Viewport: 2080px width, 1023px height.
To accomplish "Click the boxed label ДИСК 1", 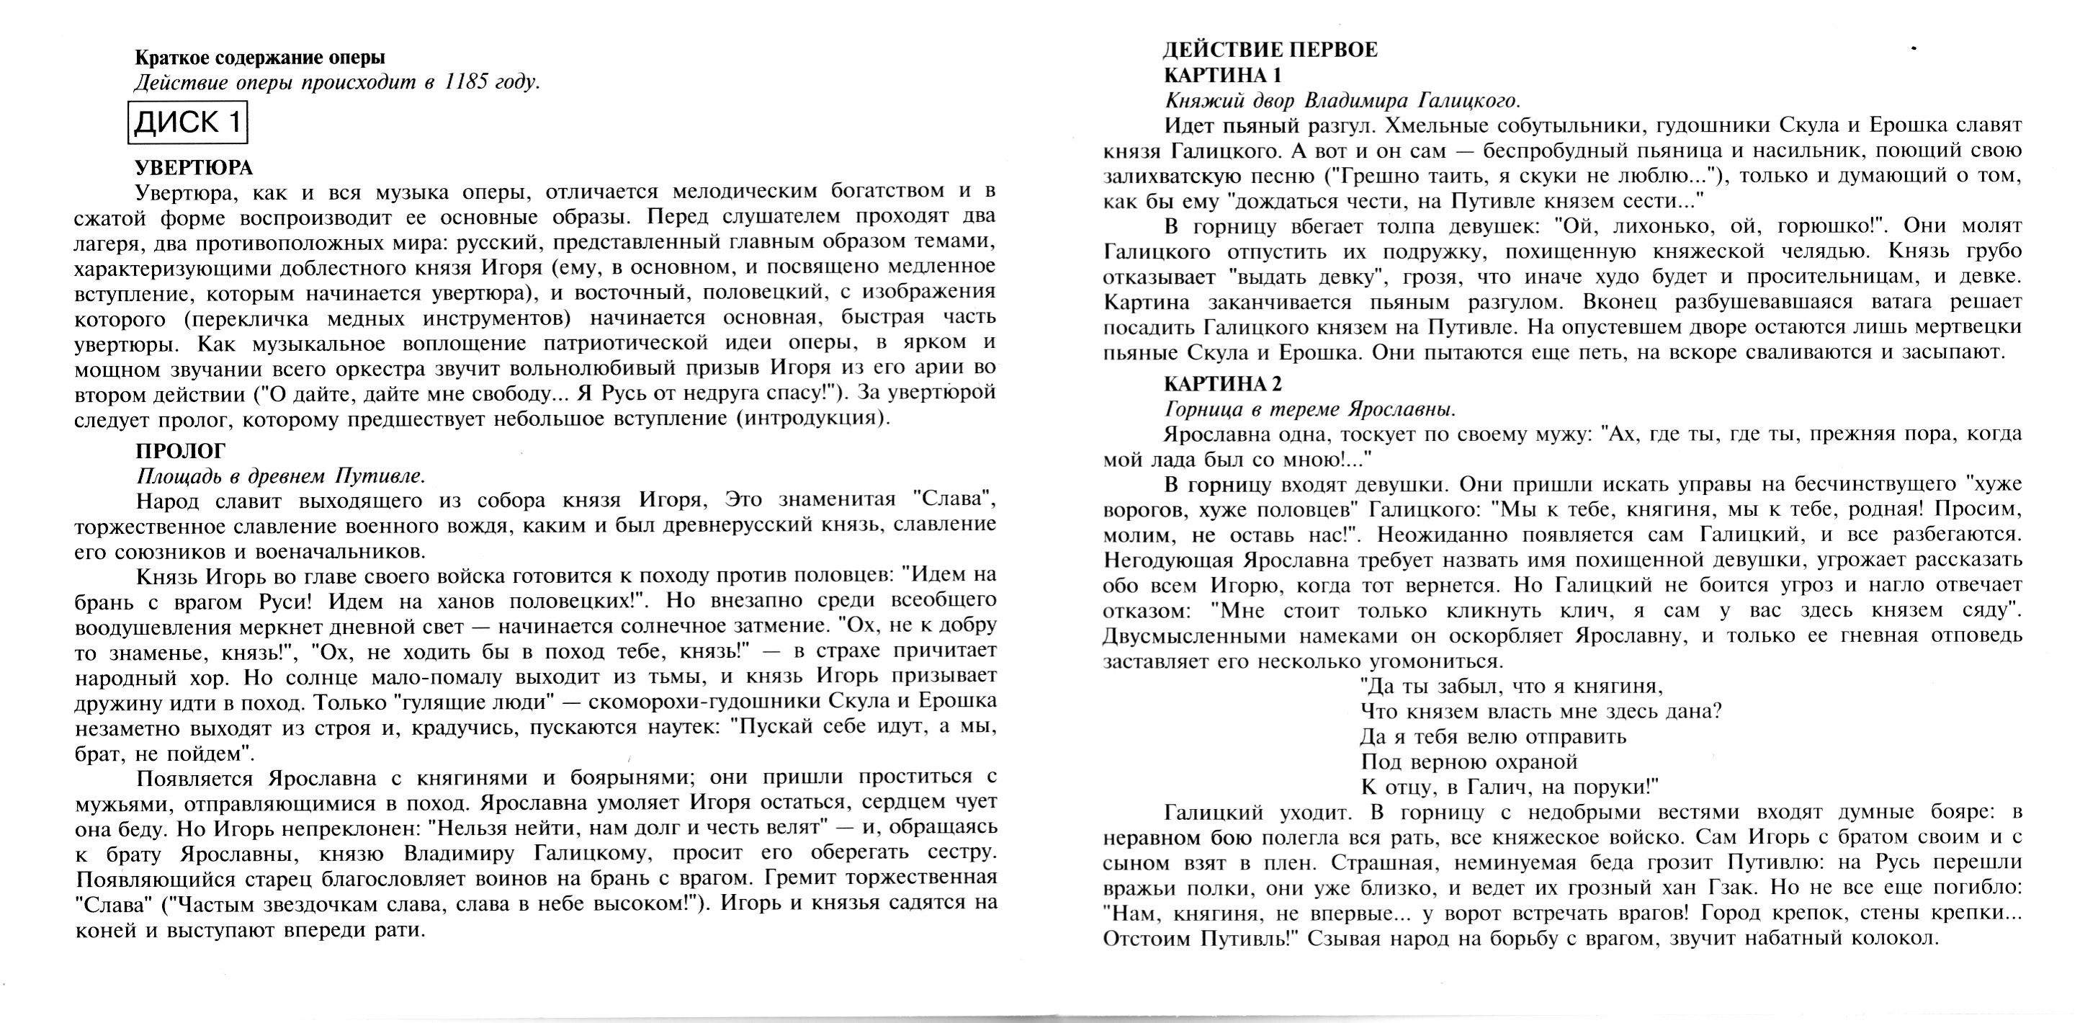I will (187, 122).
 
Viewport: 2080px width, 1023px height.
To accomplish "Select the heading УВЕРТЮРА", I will (194, 167).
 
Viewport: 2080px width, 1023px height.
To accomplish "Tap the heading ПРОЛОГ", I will (181, 450).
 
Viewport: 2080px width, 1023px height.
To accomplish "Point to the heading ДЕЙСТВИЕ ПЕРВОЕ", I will (1270, 50).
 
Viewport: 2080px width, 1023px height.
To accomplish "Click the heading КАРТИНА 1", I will (1222, 75).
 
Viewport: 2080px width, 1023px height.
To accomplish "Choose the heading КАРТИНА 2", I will (1222, 383).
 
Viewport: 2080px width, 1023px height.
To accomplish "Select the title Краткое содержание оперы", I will (260, 58).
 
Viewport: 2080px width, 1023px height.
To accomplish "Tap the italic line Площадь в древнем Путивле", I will (280, 475).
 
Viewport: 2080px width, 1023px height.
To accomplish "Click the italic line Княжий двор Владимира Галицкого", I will (1342, 101).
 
